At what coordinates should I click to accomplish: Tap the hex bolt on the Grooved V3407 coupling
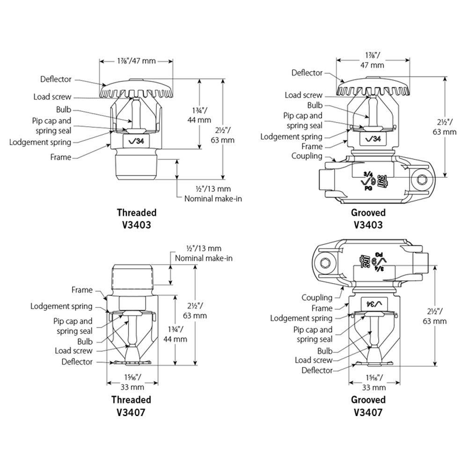324,263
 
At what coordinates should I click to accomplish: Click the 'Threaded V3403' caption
137,219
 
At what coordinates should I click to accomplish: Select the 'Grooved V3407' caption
368,406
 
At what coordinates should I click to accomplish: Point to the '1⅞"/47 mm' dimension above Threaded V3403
136,61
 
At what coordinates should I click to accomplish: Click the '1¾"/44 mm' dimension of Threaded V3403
199,115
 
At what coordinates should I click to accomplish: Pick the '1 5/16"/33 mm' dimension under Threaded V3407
132,382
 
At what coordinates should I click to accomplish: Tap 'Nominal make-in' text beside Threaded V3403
213,199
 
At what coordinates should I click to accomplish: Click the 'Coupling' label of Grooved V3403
307,156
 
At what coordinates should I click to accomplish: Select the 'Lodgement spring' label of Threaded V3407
61,307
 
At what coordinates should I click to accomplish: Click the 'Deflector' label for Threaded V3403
56,80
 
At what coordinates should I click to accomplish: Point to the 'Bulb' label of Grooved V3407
325,351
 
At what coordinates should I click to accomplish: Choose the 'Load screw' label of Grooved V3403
304,95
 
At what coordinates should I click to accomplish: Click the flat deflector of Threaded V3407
132,363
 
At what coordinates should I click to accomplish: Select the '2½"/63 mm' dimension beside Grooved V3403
445,127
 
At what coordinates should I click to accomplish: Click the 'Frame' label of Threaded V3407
82,290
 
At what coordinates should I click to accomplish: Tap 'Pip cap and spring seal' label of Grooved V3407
313,335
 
